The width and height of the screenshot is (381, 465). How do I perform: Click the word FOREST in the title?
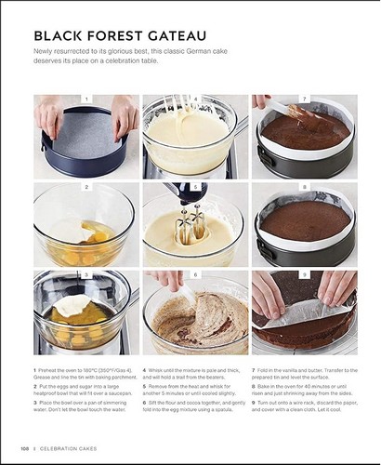110,37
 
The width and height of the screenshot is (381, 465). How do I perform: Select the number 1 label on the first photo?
86,99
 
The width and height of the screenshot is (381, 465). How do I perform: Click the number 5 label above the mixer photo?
195,187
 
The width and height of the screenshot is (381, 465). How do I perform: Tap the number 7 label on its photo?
304,99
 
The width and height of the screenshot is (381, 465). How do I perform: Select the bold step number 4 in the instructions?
144,370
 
